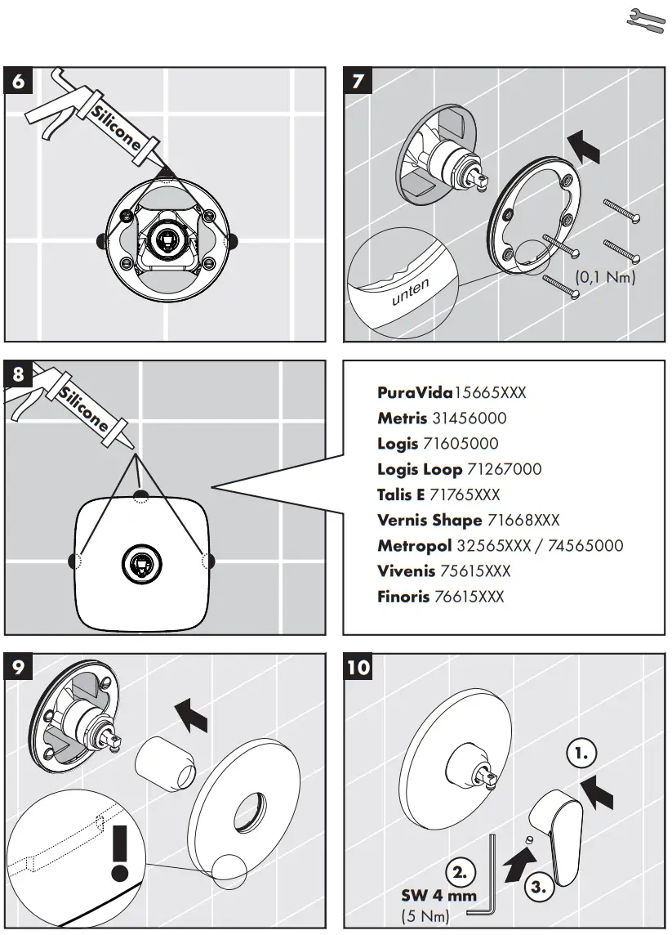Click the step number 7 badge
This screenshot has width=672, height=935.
tap(358, 82)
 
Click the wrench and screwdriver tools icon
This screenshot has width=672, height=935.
tap(646, 21)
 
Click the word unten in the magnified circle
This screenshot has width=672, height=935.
tap(410, 292)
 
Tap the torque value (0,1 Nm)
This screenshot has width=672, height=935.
tap(605, 278)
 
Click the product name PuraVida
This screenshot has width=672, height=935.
tap(415, 392)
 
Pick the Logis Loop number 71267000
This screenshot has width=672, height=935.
tap(504, 469)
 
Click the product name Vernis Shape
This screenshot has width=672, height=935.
tap(429, 520)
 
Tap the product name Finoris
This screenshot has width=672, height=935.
tap(403, 597)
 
